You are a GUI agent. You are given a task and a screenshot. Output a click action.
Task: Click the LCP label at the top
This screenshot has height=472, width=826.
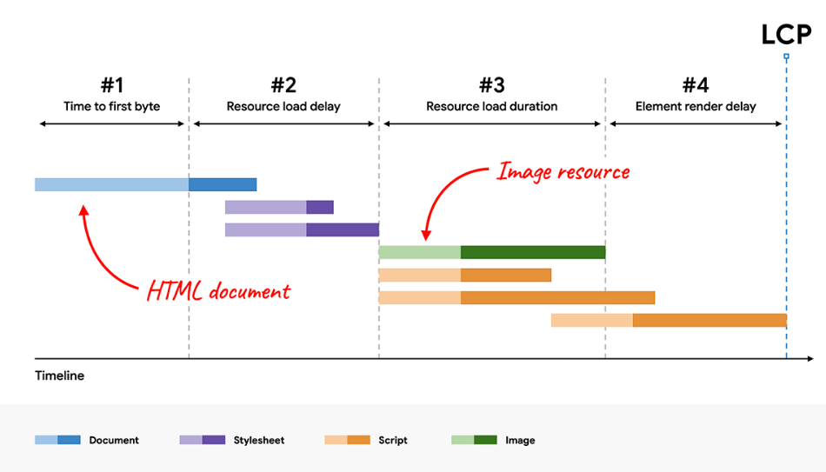click(786, 35)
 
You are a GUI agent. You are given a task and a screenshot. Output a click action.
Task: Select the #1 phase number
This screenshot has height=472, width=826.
click(112, 85)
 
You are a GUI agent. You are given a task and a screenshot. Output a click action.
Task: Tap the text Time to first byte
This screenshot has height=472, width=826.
click(112, 107)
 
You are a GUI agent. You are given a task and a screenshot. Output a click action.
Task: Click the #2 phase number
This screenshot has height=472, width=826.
click(283, 85)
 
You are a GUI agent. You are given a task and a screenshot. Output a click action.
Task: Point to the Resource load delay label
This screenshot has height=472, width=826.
click(283, 107)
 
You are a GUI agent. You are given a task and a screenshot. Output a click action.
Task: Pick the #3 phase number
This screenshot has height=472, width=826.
click(491, 85)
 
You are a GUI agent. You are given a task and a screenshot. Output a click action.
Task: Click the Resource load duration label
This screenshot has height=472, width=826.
click(491, 107)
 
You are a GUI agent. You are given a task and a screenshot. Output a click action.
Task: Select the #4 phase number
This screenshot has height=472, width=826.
click(696, 85)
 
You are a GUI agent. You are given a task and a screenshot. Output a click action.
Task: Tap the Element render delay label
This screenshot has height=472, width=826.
click(696, 107)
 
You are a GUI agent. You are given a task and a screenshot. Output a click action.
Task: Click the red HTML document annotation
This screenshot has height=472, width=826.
click(218, 291)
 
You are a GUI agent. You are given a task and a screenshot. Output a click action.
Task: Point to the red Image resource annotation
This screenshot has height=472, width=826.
click(563, 171)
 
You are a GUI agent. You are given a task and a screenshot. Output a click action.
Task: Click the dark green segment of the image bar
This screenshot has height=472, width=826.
click(532, 252)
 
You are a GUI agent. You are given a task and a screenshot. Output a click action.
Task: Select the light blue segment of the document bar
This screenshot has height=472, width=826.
click(111, 184)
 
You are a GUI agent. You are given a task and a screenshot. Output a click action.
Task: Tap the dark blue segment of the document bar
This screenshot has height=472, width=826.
click(223, 184)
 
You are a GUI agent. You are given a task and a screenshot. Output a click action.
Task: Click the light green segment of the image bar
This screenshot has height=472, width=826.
click(419, 252)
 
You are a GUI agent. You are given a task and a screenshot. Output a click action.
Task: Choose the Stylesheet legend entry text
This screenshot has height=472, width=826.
click(259, 441)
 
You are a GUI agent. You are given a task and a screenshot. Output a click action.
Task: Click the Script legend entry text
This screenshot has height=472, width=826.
click(393, 441)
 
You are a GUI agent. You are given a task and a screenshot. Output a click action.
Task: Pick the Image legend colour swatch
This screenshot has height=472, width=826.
click(474, 440)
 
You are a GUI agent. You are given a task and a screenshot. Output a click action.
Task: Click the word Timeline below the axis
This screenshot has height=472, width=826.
click(60, 376)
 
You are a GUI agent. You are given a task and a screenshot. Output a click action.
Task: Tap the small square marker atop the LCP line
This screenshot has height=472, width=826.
click(786, 57)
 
